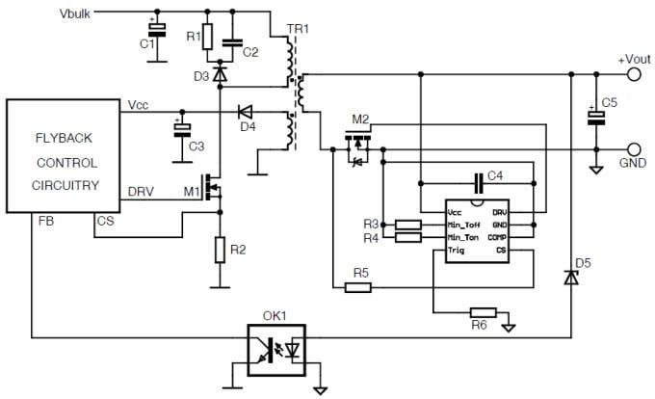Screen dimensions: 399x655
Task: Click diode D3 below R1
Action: (x=221, y=72)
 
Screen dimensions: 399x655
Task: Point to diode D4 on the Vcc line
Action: (x=245, y=111)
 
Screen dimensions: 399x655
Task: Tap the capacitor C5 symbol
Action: (x=596, y=117)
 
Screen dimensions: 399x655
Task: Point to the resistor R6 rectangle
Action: (x=483, y=312)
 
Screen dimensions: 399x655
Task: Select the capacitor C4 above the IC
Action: (x=479, y=181)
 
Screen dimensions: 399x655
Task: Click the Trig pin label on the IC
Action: (x=457, y=250)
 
